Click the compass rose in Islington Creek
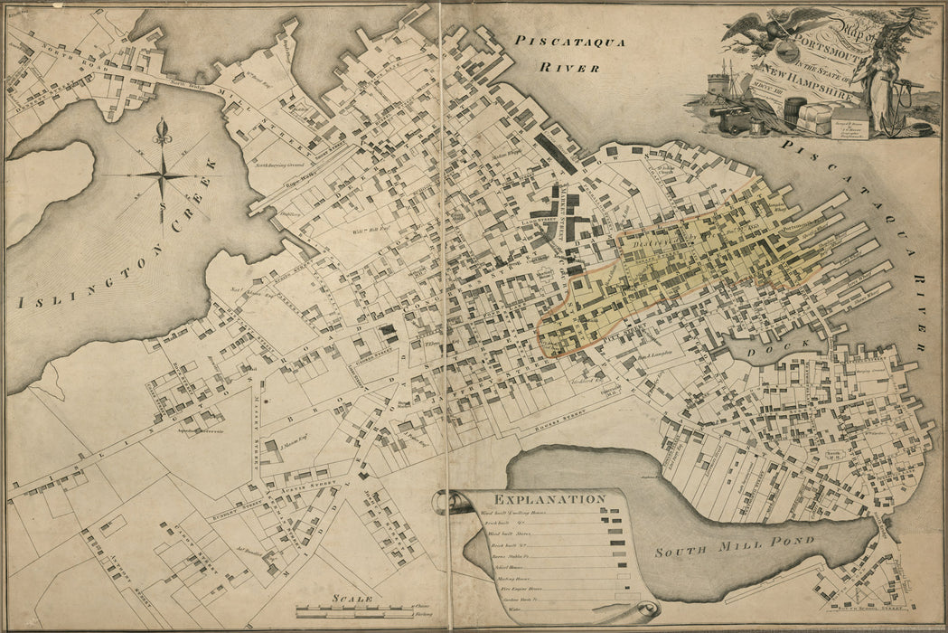(x=163, y=175)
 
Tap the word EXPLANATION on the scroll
(x=537, y=498)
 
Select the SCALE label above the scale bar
(x=352, y=598)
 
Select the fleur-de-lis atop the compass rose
(x=163, y=132)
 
